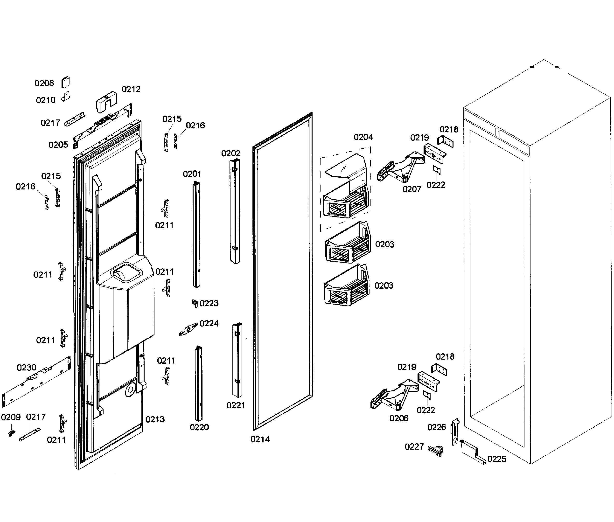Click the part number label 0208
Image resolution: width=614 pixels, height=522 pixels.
pyautogui.click(x=44, y=83)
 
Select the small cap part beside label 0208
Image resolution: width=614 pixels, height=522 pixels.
pyautogui.click(x=66, y=82)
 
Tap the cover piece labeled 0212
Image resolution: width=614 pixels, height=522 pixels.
pyautogui.click(x=106, y=102)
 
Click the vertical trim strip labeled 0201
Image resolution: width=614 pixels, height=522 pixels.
pyautogui.click(x=196, y=234)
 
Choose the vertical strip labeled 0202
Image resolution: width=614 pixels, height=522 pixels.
pyautogui.click(x=235, y=211)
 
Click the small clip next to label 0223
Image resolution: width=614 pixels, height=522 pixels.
pyautogui.click(x=195, y=303)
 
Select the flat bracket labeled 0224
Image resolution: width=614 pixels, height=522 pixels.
pyautogui.click(x=188, y=329)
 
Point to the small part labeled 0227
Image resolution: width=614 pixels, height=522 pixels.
pyautogui.click(x=436, y=450)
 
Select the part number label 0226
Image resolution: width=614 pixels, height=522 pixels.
pyautogui.click(x=436, y=427)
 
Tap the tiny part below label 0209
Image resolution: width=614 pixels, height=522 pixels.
pyautogui.click(x=11, y=433)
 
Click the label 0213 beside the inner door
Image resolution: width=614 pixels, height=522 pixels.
pyautogui.click(x=155, y=419)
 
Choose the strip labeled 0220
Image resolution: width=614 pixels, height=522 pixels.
pyautogui.click(x=199, y=384)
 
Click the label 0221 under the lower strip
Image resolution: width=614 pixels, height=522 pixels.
pyautogui.click(x=236, y=405)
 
